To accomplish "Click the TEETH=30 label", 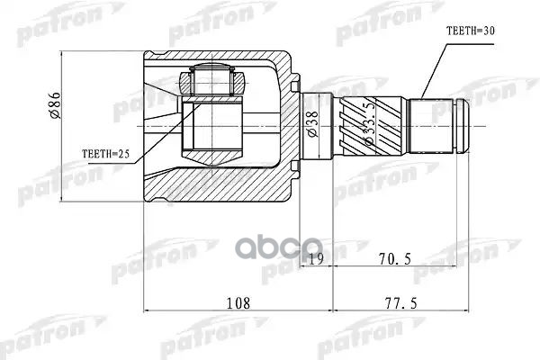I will [471, 30].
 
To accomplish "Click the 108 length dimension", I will [238, 302].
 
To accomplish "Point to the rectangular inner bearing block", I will [212, 126].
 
